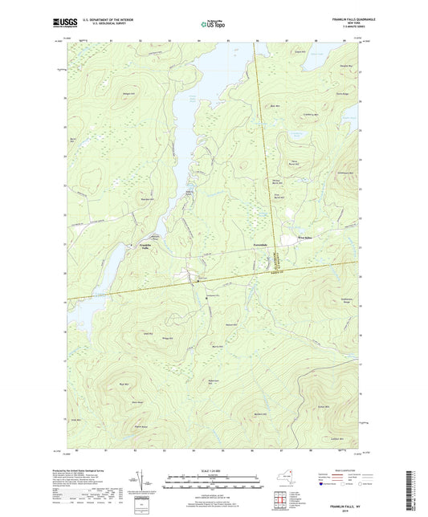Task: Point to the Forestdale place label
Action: tap(265, 242)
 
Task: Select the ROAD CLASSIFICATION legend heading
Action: tap(332, 470)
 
